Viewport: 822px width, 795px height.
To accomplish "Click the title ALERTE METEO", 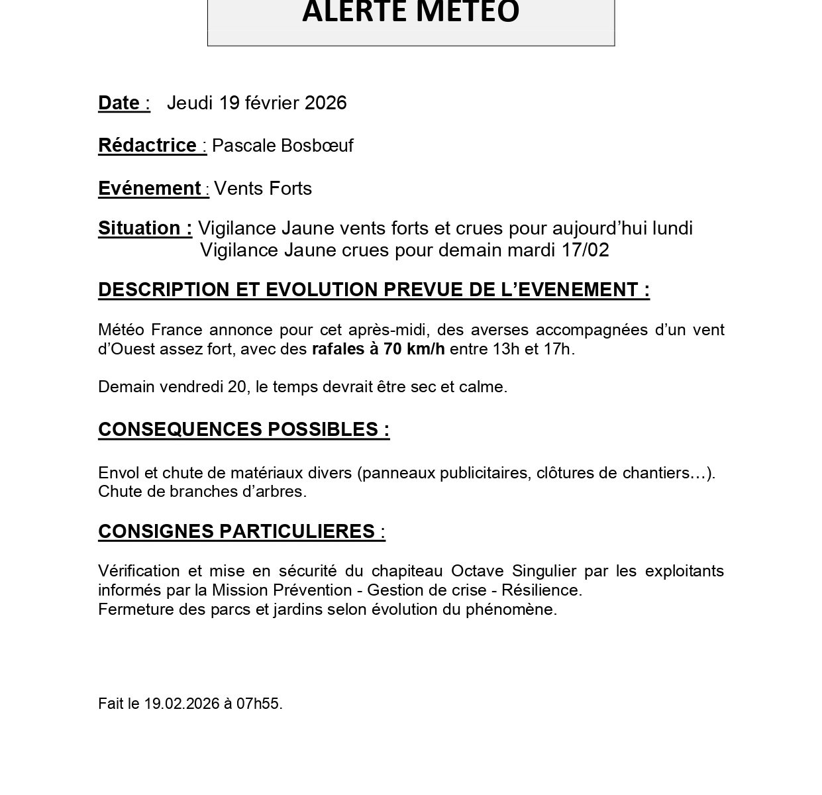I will tap(411, 12).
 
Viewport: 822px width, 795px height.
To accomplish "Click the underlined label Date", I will tap(119, 103).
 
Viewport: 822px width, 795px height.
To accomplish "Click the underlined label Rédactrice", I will tap(147, 146).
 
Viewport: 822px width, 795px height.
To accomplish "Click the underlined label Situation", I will tap(141, 229).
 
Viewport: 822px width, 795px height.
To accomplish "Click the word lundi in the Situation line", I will tap(672, 229).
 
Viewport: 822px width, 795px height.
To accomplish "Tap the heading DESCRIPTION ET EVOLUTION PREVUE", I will tap(373, 290).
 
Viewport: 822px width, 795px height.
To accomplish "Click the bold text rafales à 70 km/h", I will tap(378, 349).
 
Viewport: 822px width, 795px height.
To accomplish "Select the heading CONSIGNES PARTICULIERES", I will tap(236, 532).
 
